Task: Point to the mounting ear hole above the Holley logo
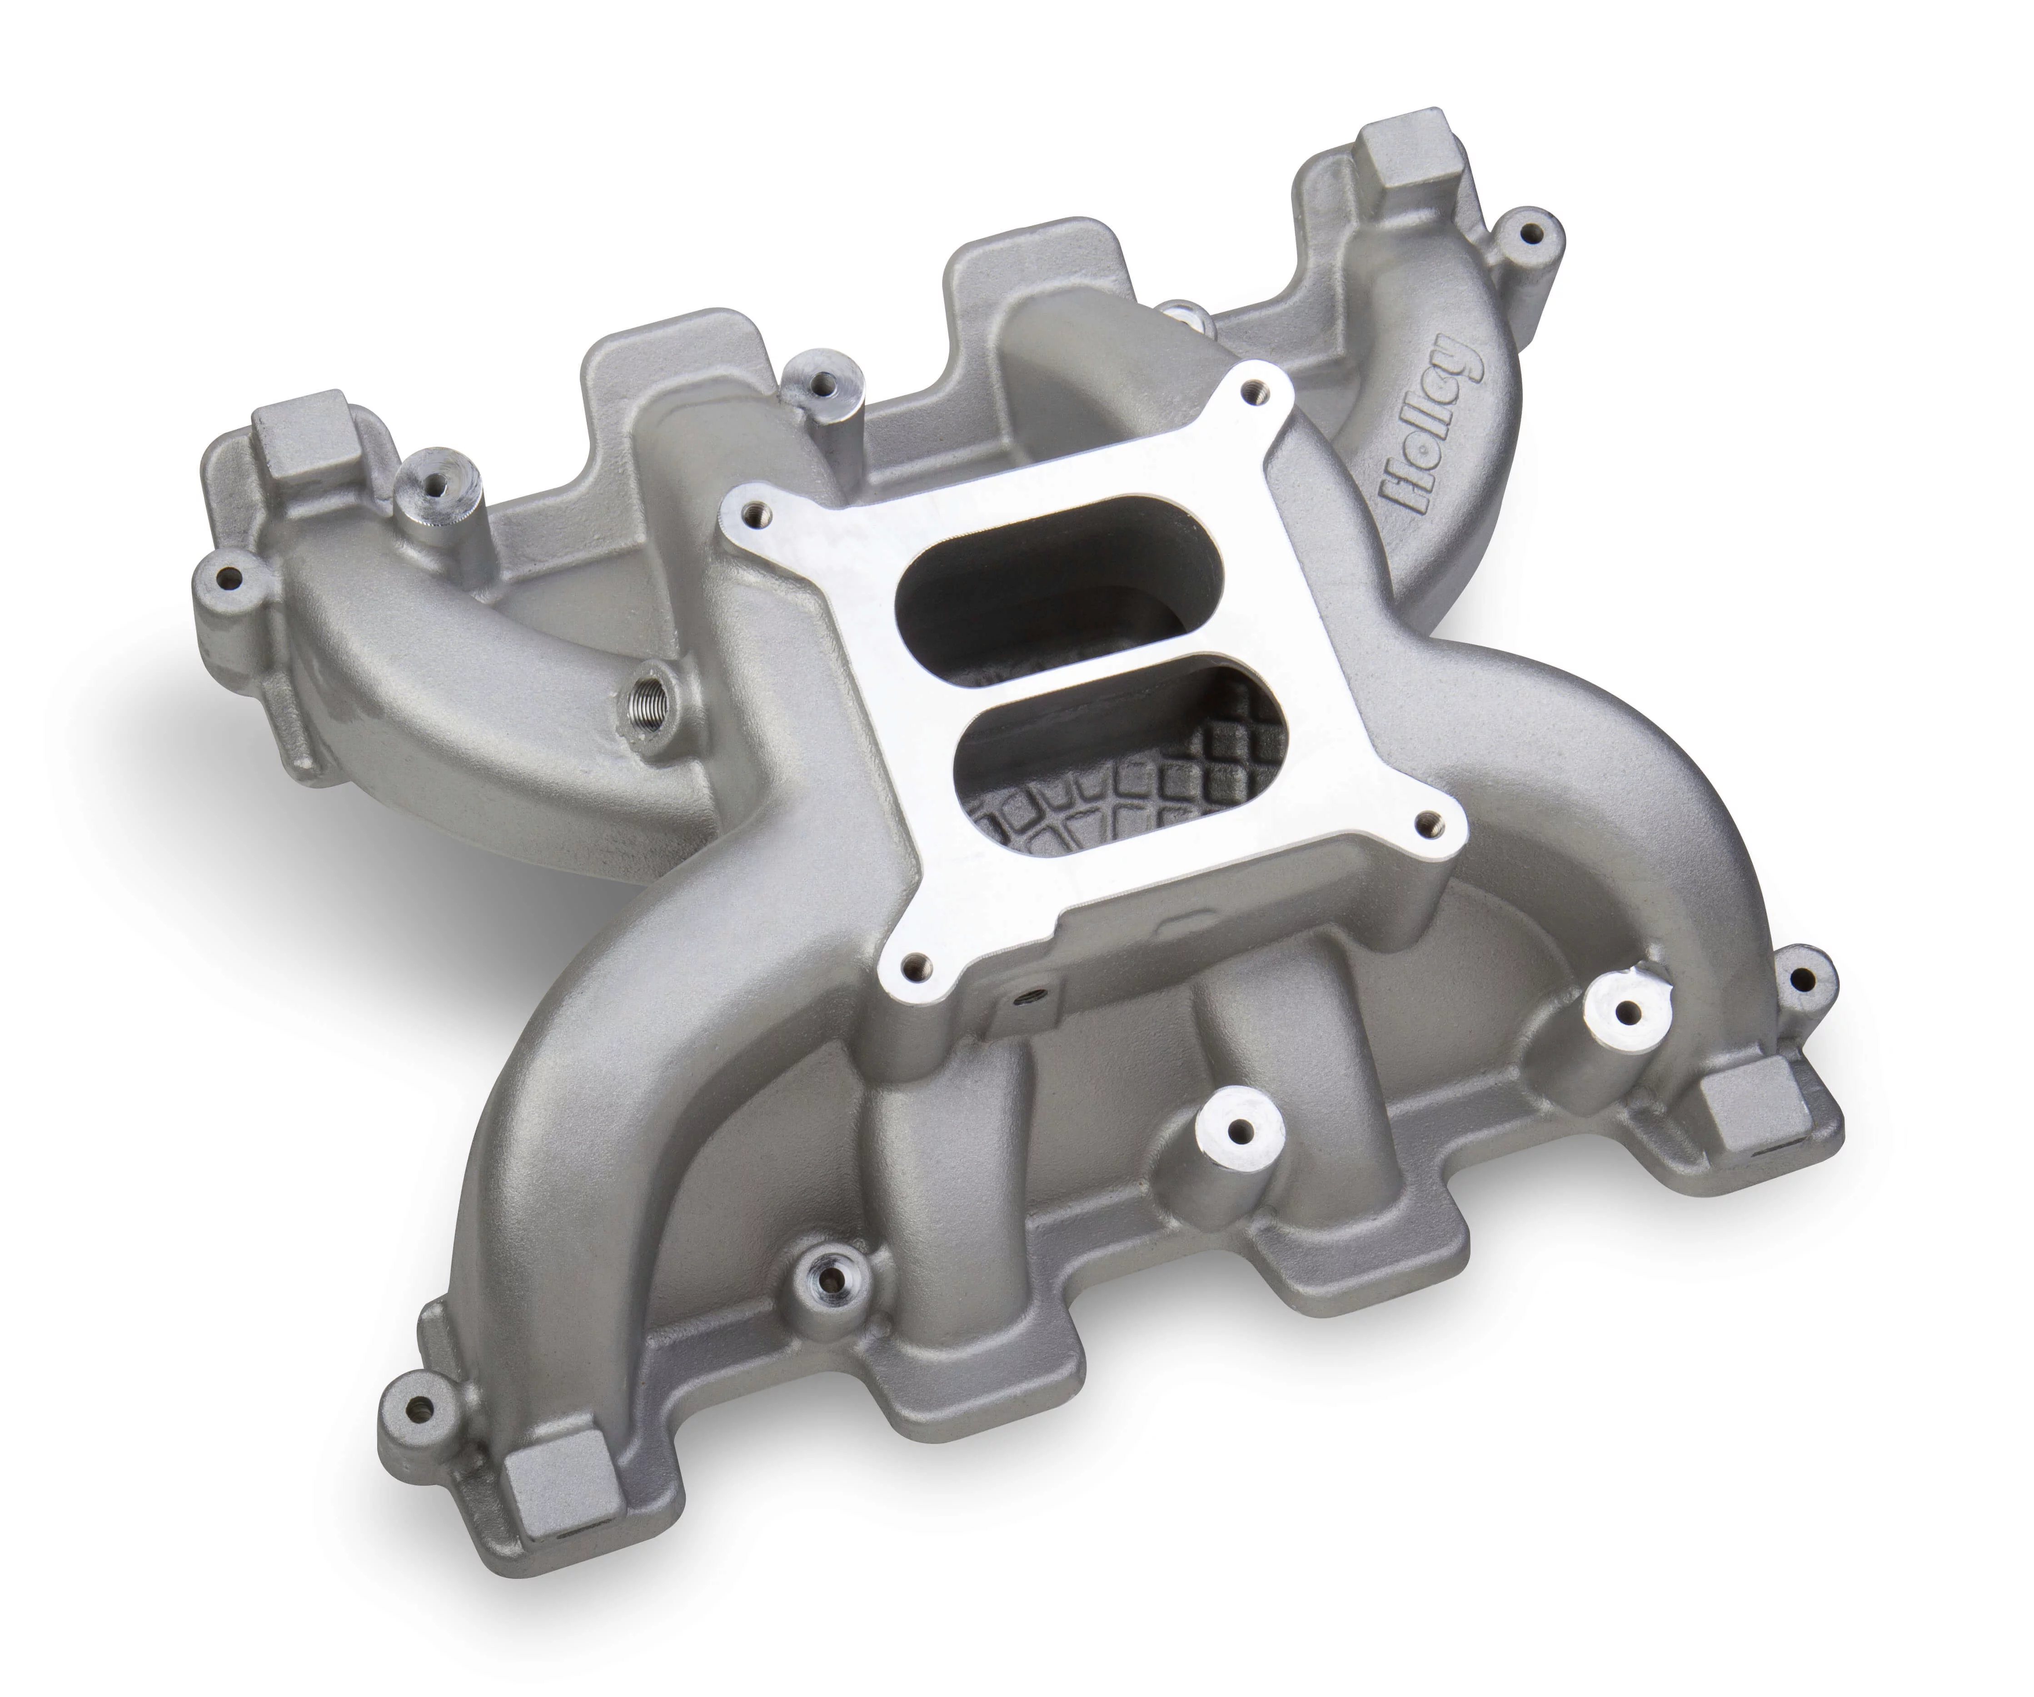(1528, 235)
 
